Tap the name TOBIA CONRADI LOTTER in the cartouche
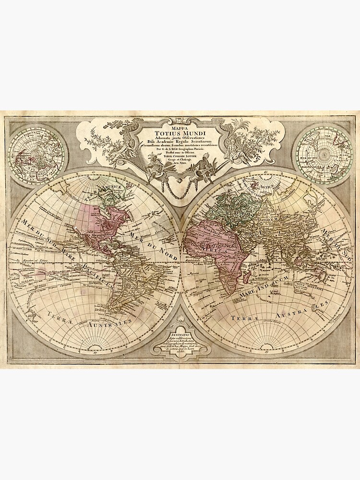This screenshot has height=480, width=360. [179, 159]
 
